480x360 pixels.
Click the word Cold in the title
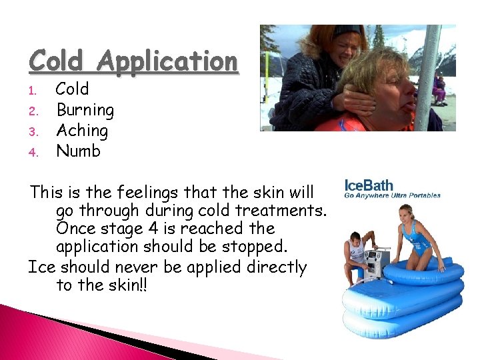(57, 61)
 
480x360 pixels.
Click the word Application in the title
(167, 62)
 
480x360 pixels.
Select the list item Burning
(85, 109)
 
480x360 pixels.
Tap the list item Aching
(82, 130)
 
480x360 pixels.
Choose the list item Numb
(78, 151)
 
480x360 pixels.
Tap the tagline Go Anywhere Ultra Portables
(392, 196)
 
